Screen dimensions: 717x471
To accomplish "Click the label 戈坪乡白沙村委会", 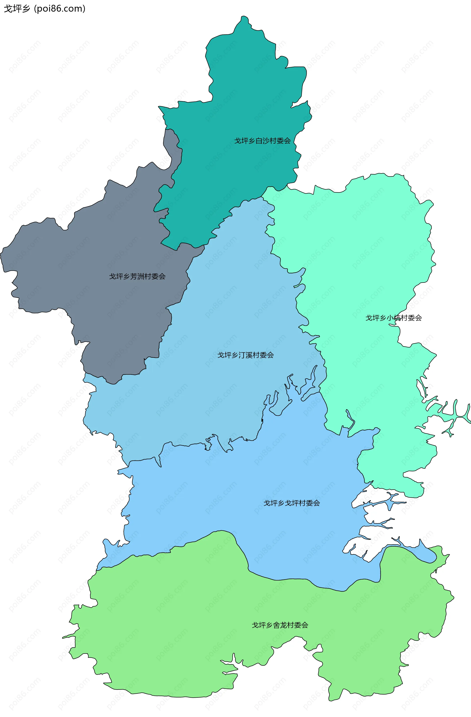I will [262, 141].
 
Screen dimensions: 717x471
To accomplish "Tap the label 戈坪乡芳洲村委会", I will [137, 276].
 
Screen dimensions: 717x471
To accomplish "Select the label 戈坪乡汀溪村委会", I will [246, 355].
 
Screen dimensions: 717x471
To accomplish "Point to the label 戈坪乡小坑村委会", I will [393, 318].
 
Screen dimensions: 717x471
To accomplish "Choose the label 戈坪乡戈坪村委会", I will [292, 503].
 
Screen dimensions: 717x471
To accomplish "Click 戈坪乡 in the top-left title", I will [17, 9].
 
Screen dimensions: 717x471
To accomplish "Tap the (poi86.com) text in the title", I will [60, 9].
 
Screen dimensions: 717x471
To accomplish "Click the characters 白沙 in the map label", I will [262, 141].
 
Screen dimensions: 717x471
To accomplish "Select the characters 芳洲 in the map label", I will [137, 276].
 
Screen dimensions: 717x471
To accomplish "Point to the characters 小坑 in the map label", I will [393, 318].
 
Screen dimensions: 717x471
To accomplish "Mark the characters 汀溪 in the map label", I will [246, 355].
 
